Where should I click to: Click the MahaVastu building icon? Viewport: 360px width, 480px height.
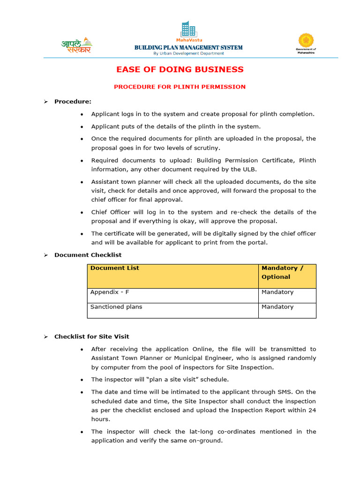point(188,30)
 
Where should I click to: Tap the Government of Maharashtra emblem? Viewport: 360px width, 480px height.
point(306,41)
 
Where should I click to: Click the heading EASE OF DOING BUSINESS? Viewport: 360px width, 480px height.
point(180,70)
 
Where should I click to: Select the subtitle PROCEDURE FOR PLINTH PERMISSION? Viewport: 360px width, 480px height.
point(180,87)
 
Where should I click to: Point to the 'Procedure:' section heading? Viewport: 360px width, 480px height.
point(73,101)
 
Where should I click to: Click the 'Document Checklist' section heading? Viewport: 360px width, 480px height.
point(88,255)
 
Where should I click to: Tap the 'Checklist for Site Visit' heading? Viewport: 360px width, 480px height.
point(91,337)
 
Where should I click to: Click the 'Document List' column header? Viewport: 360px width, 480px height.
point(114,268)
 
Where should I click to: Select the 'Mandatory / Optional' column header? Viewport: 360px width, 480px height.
point(282,272)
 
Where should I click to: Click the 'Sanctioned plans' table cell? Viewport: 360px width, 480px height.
point(116,307)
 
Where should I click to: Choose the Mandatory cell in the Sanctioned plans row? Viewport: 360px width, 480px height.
point(277,307)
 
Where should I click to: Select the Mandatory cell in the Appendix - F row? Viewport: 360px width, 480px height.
point(277,292)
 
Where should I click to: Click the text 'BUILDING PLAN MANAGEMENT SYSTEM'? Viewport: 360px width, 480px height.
point(188,47)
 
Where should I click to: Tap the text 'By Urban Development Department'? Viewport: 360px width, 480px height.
point(188,53)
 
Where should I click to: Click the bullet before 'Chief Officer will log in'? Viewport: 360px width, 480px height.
point(82,212)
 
